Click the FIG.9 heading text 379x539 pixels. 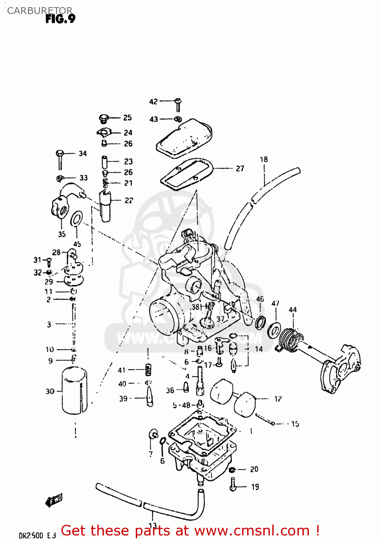(60, 19)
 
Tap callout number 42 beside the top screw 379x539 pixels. (153, 102)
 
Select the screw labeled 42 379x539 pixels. (178, 105)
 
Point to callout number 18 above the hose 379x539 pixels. (264, 159)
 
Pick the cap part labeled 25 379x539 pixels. (104, 118)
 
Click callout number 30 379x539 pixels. (50, 391)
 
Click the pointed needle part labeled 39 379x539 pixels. (149, 397)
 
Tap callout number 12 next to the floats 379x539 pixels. (278, 399)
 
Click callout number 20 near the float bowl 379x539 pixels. (254, 469)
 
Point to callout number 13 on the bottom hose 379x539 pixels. (152, 526)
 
